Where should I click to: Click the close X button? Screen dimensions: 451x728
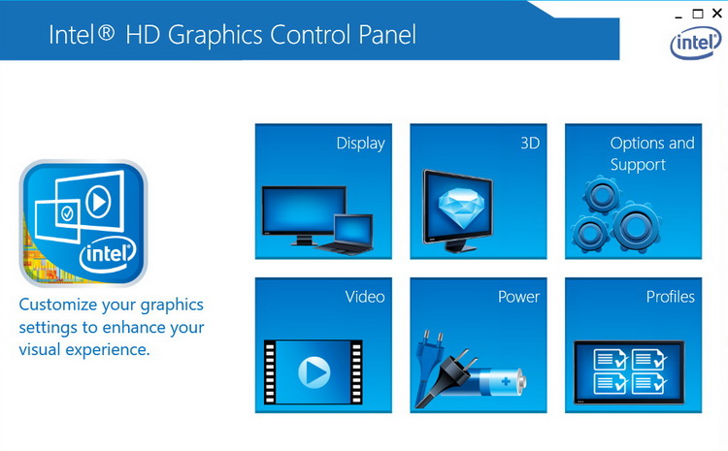(717, 14)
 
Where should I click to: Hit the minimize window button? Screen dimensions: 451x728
(677, 14)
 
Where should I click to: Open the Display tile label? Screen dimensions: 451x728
(360, 144)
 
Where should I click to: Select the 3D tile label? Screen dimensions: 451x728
(529, 144)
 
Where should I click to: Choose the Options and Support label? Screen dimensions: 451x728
(652, 153)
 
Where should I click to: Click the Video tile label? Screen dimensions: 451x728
(365, 297)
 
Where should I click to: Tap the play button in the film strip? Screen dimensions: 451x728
(313, 371)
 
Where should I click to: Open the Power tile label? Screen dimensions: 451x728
(518, 297)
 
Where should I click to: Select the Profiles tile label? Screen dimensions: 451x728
(671, 297)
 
